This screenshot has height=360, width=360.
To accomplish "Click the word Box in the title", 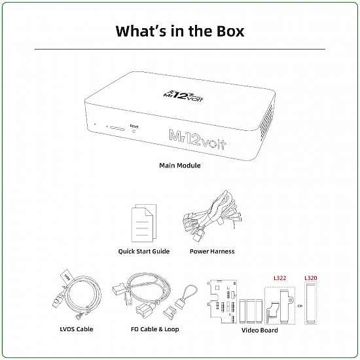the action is click(x=230, y=31).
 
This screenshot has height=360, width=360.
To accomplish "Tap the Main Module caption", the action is click(x=180, y=166).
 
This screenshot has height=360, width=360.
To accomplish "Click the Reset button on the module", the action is click(x=134, y=131).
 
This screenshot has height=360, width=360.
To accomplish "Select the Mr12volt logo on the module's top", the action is click(x=183, y=96).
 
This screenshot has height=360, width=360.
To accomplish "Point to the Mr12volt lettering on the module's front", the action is click(x=198, y=139).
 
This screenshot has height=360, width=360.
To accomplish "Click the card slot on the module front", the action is click(x=117, y=128).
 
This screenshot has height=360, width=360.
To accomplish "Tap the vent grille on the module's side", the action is click(x=267, y=122).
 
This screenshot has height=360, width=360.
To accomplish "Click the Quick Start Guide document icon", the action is click(x=144, y=223).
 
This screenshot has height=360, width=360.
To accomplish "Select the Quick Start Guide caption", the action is click(x=144, y=251).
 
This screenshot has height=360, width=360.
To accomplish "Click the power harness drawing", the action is click(x=212, y=216).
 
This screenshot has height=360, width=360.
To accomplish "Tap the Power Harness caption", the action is click(x=212, y=251).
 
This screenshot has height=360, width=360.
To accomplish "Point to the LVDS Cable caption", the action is click(x=77, y=329).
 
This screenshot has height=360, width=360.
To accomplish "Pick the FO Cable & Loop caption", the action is click(x=154, y=329).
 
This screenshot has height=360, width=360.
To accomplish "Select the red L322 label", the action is click(x=280, y=278).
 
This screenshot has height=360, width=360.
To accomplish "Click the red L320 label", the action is click(x=311, y=278).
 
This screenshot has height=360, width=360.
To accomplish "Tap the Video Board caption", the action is click(x=260, y=331).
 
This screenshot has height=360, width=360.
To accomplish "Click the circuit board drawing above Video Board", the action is click(x=222, y=302).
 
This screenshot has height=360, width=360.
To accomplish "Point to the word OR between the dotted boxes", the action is click(x=300, y=306).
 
